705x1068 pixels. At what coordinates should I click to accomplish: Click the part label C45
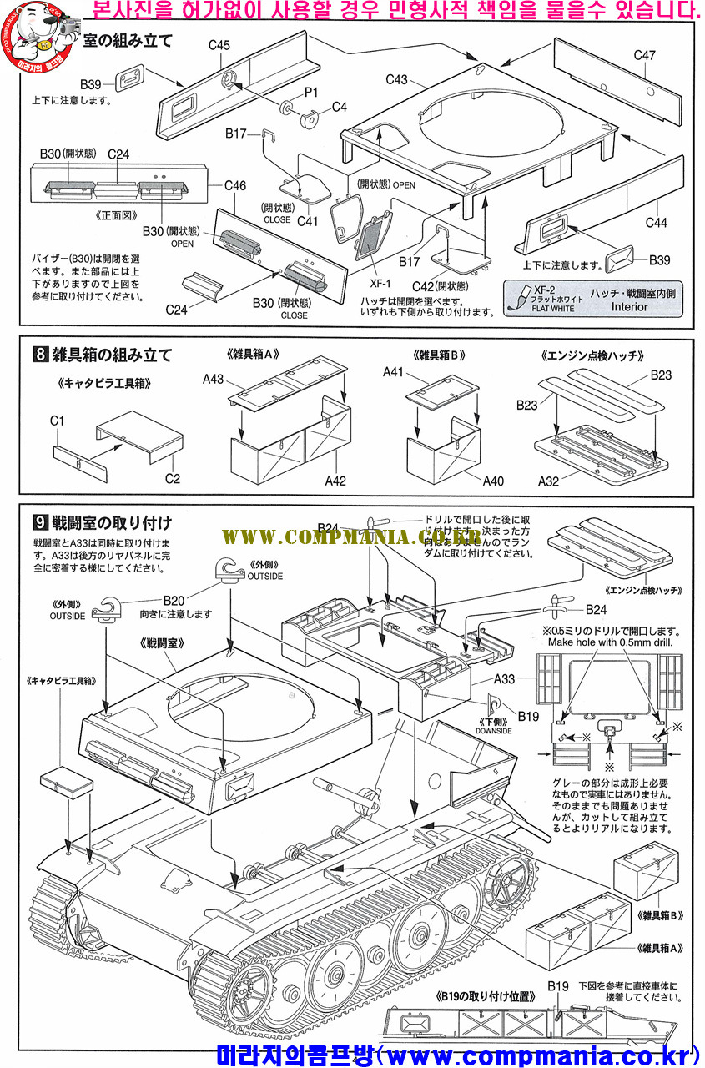[x=219, y=45]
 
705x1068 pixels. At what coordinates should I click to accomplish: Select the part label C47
[x=644, y=55]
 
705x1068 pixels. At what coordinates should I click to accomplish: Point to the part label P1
[x=310, y=92]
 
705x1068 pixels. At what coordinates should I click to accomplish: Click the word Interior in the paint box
[x=629, y=306]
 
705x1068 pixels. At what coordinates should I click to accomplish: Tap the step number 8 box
[x=38, y=355]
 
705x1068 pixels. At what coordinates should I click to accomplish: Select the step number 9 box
[x=38, y=523]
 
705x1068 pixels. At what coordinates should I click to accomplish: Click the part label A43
[x=214, y=380]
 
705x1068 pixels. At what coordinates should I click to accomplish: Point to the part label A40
[x=493, y=481]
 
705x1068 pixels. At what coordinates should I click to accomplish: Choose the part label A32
[x=548, y=481]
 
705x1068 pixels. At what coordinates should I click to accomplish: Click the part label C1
[x=57, y=421]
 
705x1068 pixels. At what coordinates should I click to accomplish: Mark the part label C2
[x=173, y=478]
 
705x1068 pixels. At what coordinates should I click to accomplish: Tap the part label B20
[x=174, y=599]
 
